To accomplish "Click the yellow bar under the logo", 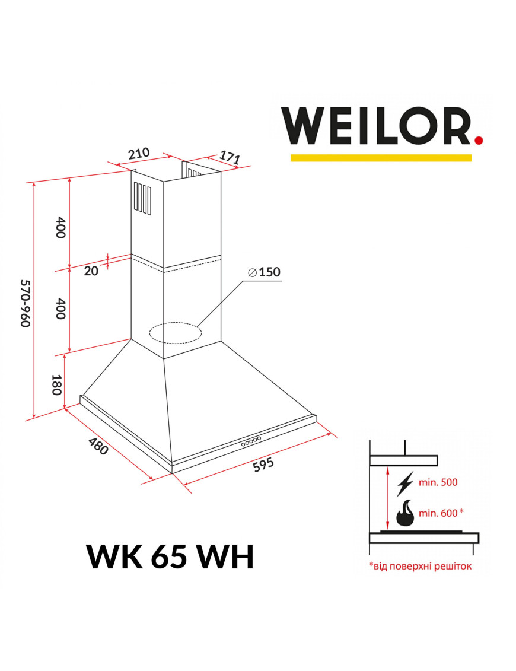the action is pos(381,157).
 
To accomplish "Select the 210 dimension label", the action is pos(139,154).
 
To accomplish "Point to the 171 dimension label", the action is pos(230,157).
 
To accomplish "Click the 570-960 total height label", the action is pos(26,303).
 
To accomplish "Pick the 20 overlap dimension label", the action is pos(91,271).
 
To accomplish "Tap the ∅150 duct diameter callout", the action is pos(264,272).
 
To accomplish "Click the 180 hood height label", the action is pos(58,384).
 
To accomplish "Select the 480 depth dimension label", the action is pos(98,446).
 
